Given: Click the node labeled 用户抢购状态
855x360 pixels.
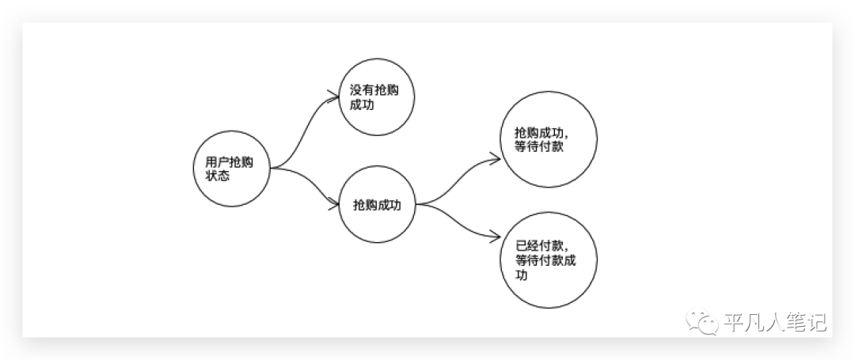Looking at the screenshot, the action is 231,168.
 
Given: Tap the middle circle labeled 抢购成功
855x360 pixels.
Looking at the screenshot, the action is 377,205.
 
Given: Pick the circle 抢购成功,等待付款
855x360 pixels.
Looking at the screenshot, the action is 549,139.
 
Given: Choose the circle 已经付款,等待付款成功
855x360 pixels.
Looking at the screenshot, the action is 549,260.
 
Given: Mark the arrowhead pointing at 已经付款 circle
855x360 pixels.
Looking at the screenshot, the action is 497,234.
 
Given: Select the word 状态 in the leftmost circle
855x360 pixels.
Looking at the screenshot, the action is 211,176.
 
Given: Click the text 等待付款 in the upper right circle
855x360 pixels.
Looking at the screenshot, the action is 539,146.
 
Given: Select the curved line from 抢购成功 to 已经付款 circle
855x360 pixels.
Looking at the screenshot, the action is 459,222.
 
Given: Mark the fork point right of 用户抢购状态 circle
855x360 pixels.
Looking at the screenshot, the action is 273,168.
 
